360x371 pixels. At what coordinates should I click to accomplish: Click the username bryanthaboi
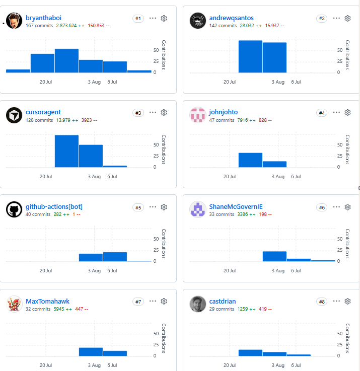tap(43, 18)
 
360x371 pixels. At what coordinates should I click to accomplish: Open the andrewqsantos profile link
tap(231, 18)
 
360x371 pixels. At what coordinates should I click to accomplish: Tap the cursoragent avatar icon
tap(14, 115)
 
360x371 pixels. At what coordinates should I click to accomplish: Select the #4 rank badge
tap(322, 113)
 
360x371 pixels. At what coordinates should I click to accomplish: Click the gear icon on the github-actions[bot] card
tap(164, 207)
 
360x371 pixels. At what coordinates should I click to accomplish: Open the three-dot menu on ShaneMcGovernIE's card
tap(336, 207)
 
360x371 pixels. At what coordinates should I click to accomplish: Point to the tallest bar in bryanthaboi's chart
tap(66, 60)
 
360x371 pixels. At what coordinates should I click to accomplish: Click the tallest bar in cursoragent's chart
tap(66, 151)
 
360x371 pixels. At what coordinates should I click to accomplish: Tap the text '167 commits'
tap(39, 26)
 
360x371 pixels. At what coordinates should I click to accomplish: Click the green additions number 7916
tap(243, 120)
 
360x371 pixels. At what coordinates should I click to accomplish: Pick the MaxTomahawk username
tap(47, 301)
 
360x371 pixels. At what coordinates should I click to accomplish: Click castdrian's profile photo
tap(198, 304)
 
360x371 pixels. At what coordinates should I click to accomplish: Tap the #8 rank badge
tap(322, 302)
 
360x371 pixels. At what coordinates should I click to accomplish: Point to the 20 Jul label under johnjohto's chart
tap(230, 177)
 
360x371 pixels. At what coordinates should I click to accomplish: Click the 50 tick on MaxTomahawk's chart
tap(156, 334)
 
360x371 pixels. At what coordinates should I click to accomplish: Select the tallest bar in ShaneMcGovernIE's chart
tap(274, 256)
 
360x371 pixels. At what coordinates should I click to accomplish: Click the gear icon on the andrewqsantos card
tap(347, 18)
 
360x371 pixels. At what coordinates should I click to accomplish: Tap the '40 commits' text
tap(38, 214)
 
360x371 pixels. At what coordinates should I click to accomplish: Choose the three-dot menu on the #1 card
tap(153, 18)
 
